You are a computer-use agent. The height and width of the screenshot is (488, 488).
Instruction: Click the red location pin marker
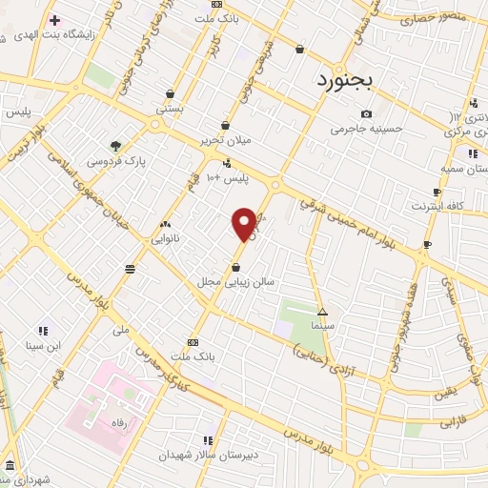click(x=245, y=224)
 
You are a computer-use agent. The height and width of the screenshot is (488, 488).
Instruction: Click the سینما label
click(x=322, y=326)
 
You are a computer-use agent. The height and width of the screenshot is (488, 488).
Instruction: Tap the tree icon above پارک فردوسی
click(x=116, y=146)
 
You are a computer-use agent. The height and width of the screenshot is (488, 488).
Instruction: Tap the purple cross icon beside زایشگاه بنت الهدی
click(x=55, y=20)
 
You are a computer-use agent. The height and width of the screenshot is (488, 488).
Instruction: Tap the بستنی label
click(x=172, y=110)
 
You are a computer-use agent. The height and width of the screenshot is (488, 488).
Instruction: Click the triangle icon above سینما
click(x=322, y=312)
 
